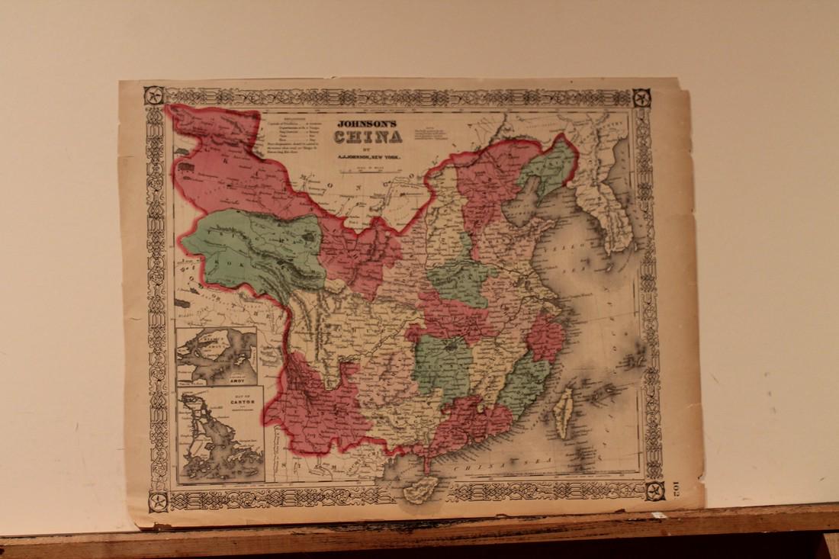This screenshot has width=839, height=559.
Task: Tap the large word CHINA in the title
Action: coord(367,137)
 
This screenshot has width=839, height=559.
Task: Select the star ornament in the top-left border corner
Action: coord(153,95)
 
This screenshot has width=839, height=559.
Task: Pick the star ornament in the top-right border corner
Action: coord(641,98)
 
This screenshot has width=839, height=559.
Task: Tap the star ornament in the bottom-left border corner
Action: coord(158,501)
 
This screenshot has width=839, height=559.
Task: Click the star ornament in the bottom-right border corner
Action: coord(654,490)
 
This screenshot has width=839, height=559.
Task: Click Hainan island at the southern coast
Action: coord(420,488)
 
